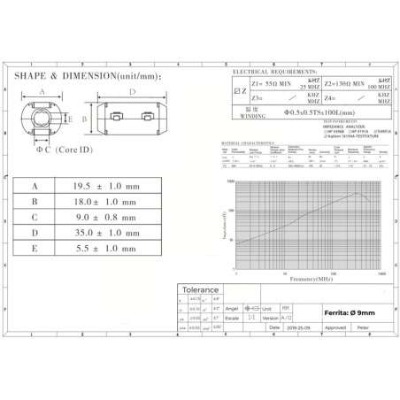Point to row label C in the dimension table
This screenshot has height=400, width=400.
pyautogui.click(x=35, y=218)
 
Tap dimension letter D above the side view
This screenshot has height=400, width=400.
pyautogui.click(x=132, y=91)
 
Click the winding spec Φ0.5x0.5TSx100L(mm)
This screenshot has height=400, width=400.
pyautogui.click(x=318, y=113)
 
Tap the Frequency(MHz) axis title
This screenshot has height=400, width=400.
pyautogui.click(x=308, y=279)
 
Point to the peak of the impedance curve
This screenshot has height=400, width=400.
pyautogui.click(x=356, y=193)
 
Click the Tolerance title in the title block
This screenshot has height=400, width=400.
pyautogui.click(x=200, y=289)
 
